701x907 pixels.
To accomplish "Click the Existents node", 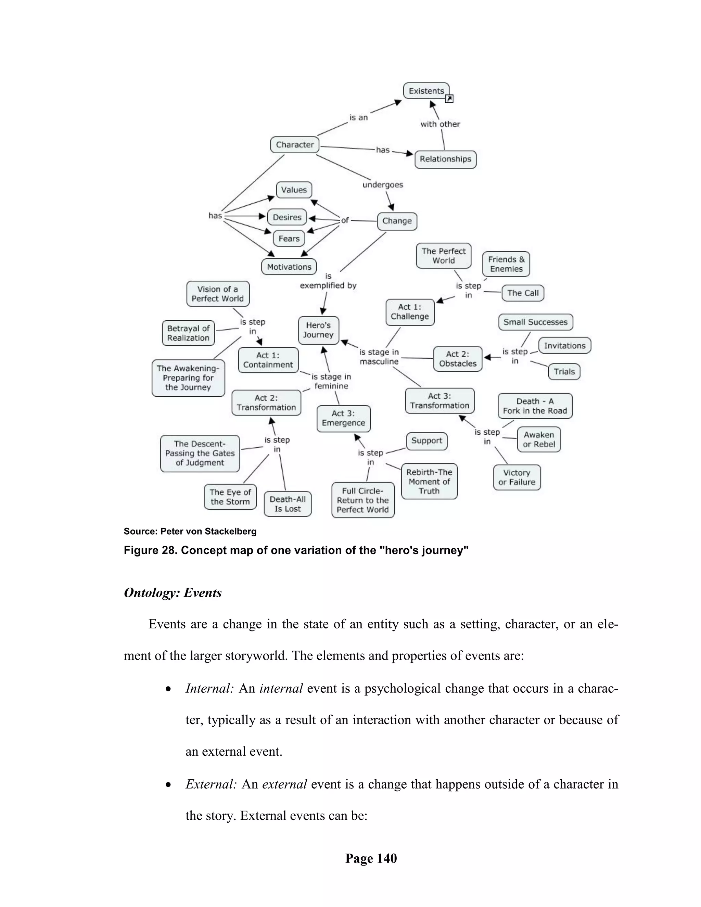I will [426, 91].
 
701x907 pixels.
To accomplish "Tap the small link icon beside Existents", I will [449, 99].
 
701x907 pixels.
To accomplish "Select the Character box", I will [294, 144].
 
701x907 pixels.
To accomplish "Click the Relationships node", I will [445, 159].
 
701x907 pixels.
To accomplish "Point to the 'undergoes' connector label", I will [382, 185].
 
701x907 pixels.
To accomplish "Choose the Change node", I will [397, 221].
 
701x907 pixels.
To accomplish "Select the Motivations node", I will [289, 267].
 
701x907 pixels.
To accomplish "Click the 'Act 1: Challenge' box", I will [409, 312].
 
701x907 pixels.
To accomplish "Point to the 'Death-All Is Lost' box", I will [288, 504].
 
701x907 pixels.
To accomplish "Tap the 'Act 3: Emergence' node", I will [343, 419].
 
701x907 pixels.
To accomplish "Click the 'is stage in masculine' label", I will [379, 357].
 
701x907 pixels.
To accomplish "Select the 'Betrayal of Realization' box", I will [188, 333].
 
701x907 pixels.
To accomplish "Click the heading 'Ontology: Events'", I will [173, 592].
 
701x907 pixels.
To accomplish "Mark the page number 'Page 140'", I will [371, 858].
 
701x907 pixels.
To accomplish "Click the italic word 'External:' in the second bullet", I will [211, 784].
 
